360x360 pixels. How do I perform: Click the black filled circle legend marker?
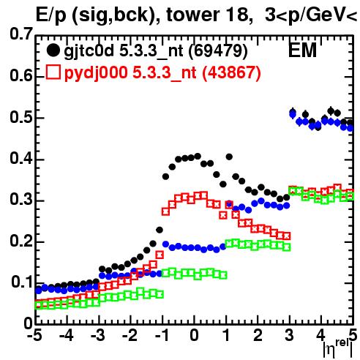point(53,50)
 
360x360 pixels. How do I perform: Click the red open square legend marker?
point(53,72)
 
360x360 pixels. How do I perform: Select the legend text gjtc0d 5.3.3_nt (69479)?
point(156,51)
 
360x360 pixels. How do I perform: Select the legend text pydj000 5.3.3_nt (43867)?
point(162,73)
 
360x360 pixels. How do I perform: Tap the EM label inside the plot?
point(302,50)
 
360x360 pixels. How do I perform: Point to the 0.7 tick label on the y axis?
point(21,34)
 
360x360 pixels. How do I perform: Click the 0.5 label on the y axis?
point(21,117)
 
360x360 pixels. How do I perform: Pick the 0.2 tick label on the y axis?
point(21,241)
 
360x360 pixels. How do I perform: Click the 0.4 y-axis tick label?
point(21,159)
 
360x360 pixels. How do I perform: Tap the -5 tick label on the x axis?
point(34,335)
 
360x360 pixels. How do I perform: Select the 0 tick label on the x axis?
point(194,335)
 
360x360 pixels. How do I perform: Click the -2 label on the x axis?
point(130,335)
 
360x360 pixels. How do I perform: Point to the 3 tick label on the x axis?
point(289,335)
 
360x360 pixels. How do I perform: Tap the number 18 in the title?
point(236,15)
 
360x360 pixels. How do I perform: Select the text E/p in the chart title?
point(50,15)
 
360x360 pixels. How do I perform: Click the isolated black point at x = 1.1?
point(229,157)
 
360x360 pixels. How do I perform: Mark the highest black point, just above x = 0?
point(198,156)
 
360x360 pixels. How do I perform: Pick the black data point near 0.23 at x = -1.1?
point(160,230)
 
